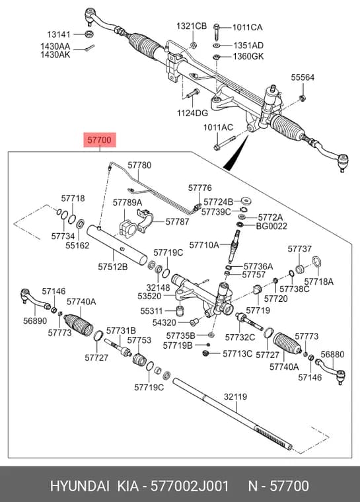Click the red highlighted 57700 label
(100, 140)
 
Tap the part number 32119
(235, 397)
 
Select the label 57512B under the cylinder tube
(113, 266)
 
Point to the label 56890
(35, 320)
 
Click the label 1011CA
(247, 27)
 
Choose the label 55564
(303, 77)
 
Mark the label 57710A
(204, 245)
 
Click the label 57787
(177, 221)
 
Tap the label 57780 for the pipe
(139, 165)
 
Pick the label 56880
(332, 355)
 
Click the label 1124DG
(192, 113)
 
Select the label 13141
(59, 34)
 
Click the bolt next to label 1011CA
(217, 30)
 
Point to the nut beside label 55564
(301, 98)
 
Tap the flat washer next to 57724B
(246, 201)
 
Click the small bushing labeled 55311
(181, 310)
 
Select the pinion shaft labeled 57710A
(233, 246)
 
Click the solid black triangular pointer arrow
(236, 154)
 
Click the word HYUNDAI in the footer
(80, 485)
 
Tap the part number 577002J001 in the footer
(190, 485)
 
